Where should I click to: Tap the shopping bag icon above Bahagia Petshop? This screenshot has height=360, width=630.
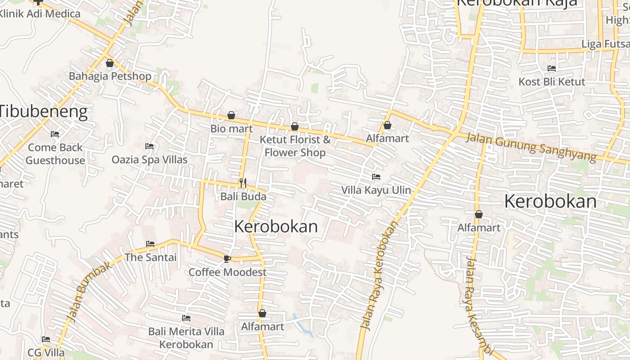point(110,63)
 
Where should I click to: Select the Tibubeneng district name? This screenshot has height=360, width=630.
point(44,111)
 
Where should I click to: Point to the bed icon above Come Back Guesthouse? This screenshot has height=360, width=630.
point(55,134)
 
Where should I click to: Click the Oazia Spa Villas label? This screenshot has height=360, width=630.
point(149,159)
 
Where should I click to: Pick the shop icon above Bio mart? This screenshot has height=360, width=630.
point(231,116)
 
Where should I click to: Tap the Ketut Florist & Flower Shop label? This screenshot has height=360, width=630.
point(295,146)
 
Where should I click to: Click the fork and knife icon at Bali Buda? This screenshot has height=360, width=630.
point(243,183)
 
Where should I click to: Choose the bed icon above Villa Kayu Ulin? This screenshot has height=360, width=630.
point(376,177)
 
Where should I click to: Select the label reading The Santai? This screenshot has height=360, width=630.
point(150,257)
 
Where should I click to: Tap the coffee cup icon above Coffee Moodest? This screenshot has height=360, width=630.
point(227,259)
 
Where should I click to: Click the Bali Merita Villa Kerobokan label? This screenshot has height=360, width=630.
point(186,338)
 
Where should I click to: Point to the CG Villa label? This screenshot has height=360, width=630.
point(46,352)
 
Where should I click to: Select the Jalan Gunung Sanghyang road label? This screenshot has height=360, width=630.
point(531,147)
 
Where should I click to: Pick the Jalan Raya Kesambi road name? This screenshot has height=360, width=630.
point(477,306)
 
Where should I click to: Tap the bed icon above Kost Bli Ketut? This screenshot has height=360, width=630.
point(552,68)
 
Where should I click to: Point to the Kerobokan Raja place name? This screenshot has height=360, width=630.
point(517,3)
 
